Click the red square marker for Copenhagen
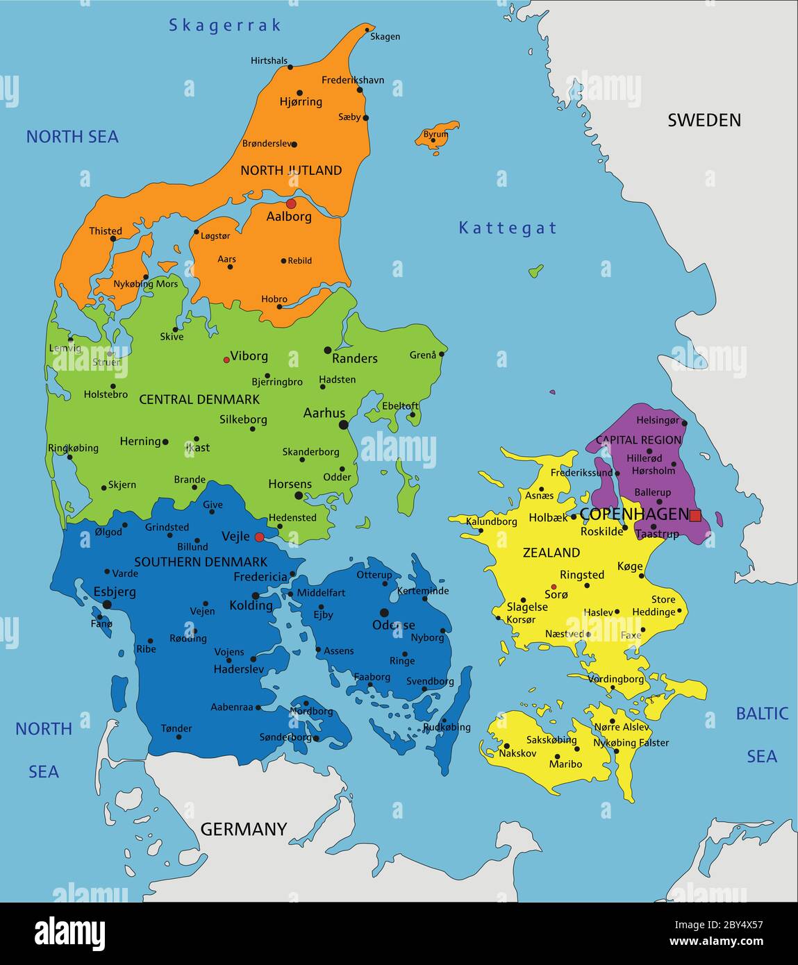tap(695, 515)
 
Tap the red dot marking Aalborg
tap(291, 203)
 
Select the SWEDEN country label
tap(704, 120)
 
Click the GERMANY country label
tap(243, 829)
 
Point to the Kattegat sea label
tap(508, 228)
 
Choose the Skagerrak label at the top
tap(225, 26)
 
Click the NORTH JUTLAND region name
tap(291, 170)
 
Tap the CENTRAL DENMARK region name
tap(199, 399)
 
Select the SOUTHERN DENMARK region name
tap(201, 562)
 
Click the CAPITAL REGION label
tap(638, 439)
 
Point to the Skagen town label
tap(385, 36)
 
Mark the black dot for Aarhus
tap(343, 425)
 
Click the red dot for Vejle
tap(259, 537)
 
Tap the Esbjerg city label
tap(115, 592)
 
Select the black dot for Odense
tap(384, 613)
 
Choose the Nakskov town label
tap(517, 753)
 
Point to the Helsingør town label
tap(657, 420)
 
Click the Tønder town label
tap(176, 728)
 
